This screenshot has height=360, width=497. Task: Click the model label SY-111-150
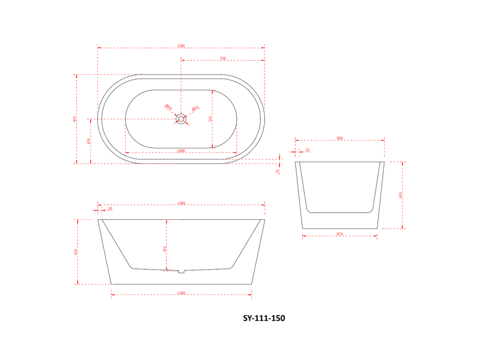[x=264, y=319]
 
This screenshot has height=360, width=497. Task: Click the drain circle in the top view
[x=181, y=118]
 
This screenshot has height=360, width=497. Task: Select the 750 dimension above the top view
[x=223, y=59]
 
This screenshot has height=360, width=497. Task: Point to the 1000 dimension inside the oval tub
[x=181, y=151]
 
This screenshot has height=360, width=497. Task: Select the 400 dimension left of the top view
[x=88, y=141]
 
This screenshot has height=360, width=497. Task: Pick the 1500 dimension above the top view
[x=181, y=46]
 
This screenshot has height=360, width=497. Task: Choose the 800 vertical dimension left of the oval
[x=75, y=119]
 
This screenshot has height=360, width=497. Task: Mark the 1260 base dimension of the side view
[x=181, y=294]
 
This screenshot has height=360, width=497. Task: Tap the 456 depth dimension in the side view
[x=165, y=248]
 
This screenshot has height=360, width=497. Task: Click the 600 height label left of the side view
[x=76, y=252]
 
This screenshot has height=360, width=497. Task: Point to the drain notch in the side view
[x=182, y=271]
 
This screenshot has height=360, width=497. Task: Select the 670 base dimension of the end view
[x=339, y=234]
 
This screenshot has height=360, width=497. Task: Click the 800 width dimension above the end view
[x=339, y=139]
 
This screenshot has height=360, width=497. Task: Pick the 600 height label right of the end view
[x=400, y=195]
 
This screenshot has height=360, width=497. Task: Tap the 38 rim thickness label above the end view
[x=308, y=150]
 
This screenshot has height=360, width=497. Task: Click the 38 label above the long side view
[x=110, y=209]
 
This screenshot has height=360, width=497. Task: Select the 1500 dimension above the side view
[x=181, y=204]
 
